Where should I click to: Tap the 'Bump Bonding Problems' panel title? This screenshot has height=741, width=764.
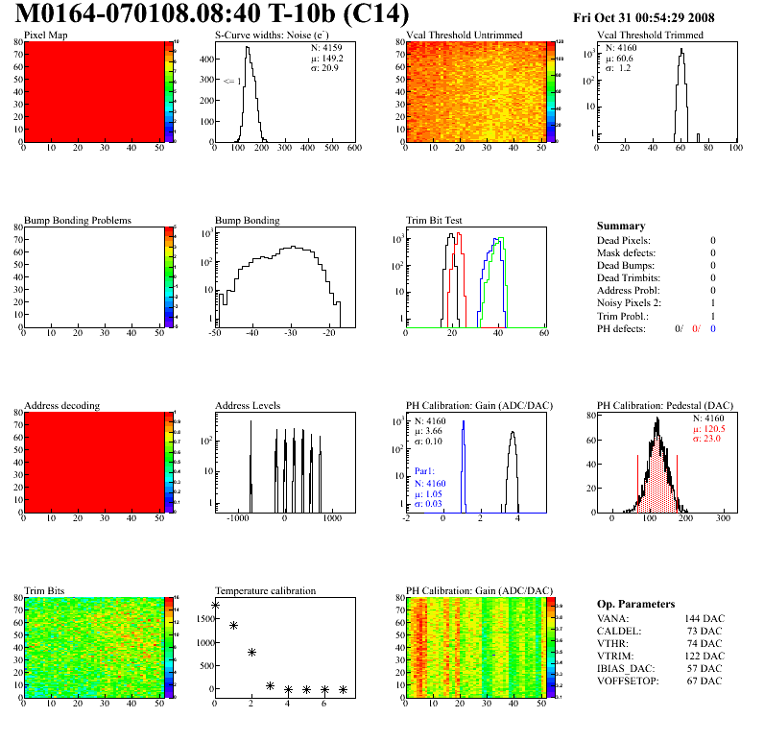pyautogui.click(x=78, y=220)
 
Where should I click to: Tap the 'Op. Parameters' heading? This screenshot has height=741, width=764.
pyautogui.click(x=635, y=604)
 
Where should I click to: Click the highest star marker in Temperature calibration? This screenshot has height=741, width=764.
pyautogui.click(x=215, y=605)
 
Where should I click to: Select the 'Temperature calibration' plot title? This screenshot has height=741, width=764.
pyautogui.click(x=265, y=590)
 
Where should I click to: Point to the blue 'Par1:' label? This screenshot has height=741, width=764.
pyautogui.click(x=426, y=471)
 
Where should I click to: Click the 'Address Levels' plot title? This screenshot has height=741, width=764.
pyautogui.click(x=248, y=405)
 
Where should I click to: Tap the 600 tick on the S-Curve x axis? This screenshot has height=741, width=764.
pyautogui.click(x=353, y=148)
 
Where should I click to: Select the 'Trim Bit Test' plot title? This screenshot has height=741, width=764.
pyautogui.click(x=435, y=220)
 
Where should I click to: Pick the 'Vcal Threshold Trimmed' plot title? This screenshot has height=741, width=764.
pyautogui.click(x=650, y=36)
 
